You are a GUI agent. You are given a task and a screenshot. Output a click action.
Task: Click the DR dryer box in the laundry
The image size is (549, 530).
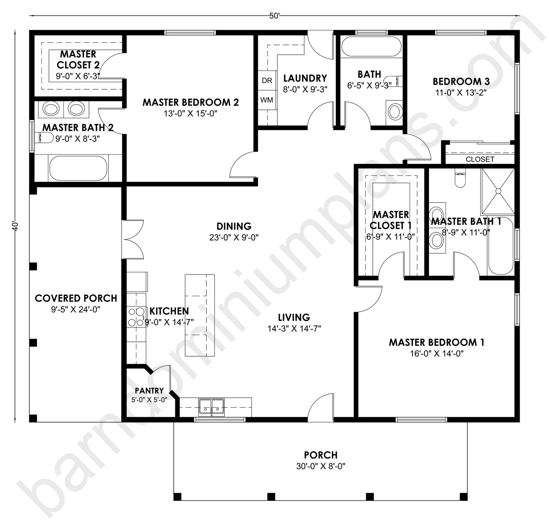pyautogui.click(x=267, y=81)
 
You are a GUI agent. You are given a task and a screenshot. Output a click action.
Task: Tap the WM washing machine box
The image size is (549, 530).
pyautogui.click(x=267, y=100)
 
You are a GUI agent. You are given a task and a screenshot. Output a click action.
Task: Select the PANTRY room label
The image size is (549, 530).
pyautogui.click(x=149, y=390)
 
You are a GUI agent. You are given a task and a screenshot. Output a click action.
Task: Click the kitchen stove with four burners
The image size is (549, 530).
pyautogui.click(x=136, y=317)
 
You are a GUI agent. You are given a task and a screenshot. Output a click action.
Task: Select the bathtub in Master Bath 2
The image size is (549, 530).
pyautogui.click(x=78, y=168)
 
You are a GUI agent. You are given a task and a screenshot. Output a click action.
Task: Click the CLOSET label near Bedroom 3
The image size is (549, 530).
pyautogui.click(x=480, y=159)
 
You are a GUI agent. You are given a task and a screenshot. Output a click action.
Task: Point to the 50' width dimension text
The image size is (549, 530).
pyautogui.click(x=274, y=16)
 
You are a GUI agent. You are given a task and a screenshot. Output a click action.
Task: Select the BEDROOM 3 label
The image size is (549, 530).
pyautogui.click(x=461, y=81)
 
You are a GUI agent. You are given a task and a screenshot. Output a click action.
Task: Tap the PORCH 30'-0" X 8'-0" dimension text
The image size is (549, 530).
pyautogui.click(x=321, y=466)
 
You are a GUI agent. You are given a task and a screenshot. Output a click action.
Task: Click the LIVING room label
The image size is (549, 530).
pyautogui.click(x=294, y=317)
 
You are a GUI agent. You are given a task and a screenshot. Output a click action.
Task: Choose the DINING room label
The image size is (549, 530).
pyautogui.click(x=234, y=226)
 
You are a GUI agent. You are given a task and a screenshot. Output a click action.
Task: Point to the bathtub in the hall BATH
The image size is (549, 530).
pyautogui.click(x=371, y=47)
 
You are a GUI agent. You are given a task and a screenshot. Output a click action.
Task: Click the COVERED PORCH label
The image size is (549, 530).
pyautogui.click(x=76, y=298)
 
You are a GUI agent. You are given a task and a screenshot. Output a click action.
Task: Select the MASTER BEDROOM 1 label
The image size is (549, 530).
pyautogui.click(x=436, y=342)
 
